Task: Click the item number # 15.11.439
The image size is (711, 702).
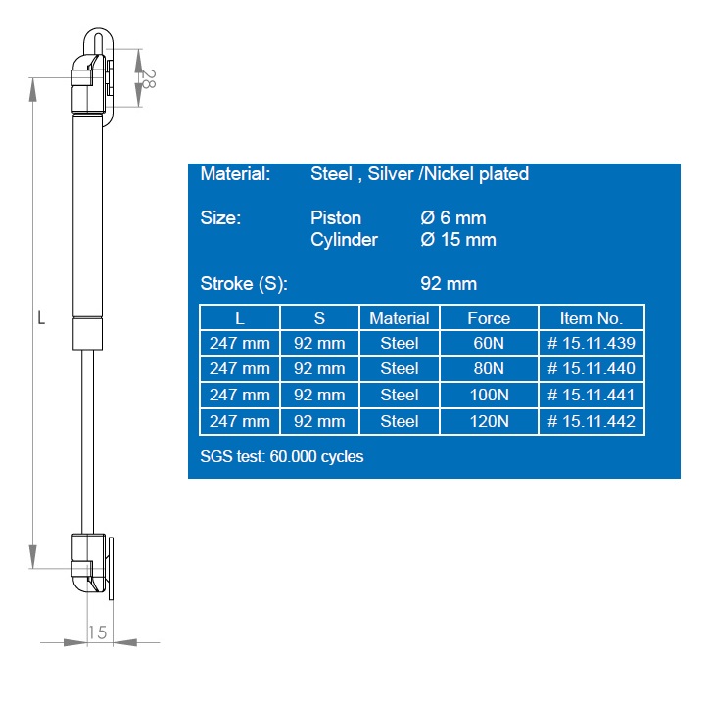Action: [x=592, y=343]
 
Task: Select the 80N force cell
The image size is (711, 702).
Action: [x=489, y=368]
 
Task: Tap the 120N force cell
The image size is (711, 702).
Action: [x=489, y=421]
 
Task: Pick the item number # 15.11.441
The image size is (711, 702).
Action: [x=592, y=395]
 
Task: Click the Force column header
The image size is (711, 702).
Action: [x=489, y=318]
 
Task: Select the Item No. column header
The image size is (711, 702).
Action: [x=592, y=318]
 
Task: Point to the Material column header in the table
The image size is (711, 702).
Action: [x=399, y=318]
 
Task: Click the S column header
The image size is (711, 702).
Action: [x=319, y=318]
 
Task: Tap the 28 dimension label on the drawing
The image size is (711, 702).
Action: [x=148, y=79]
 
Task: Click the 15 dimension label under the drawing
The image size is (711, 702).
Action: [x=97, y=632]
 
